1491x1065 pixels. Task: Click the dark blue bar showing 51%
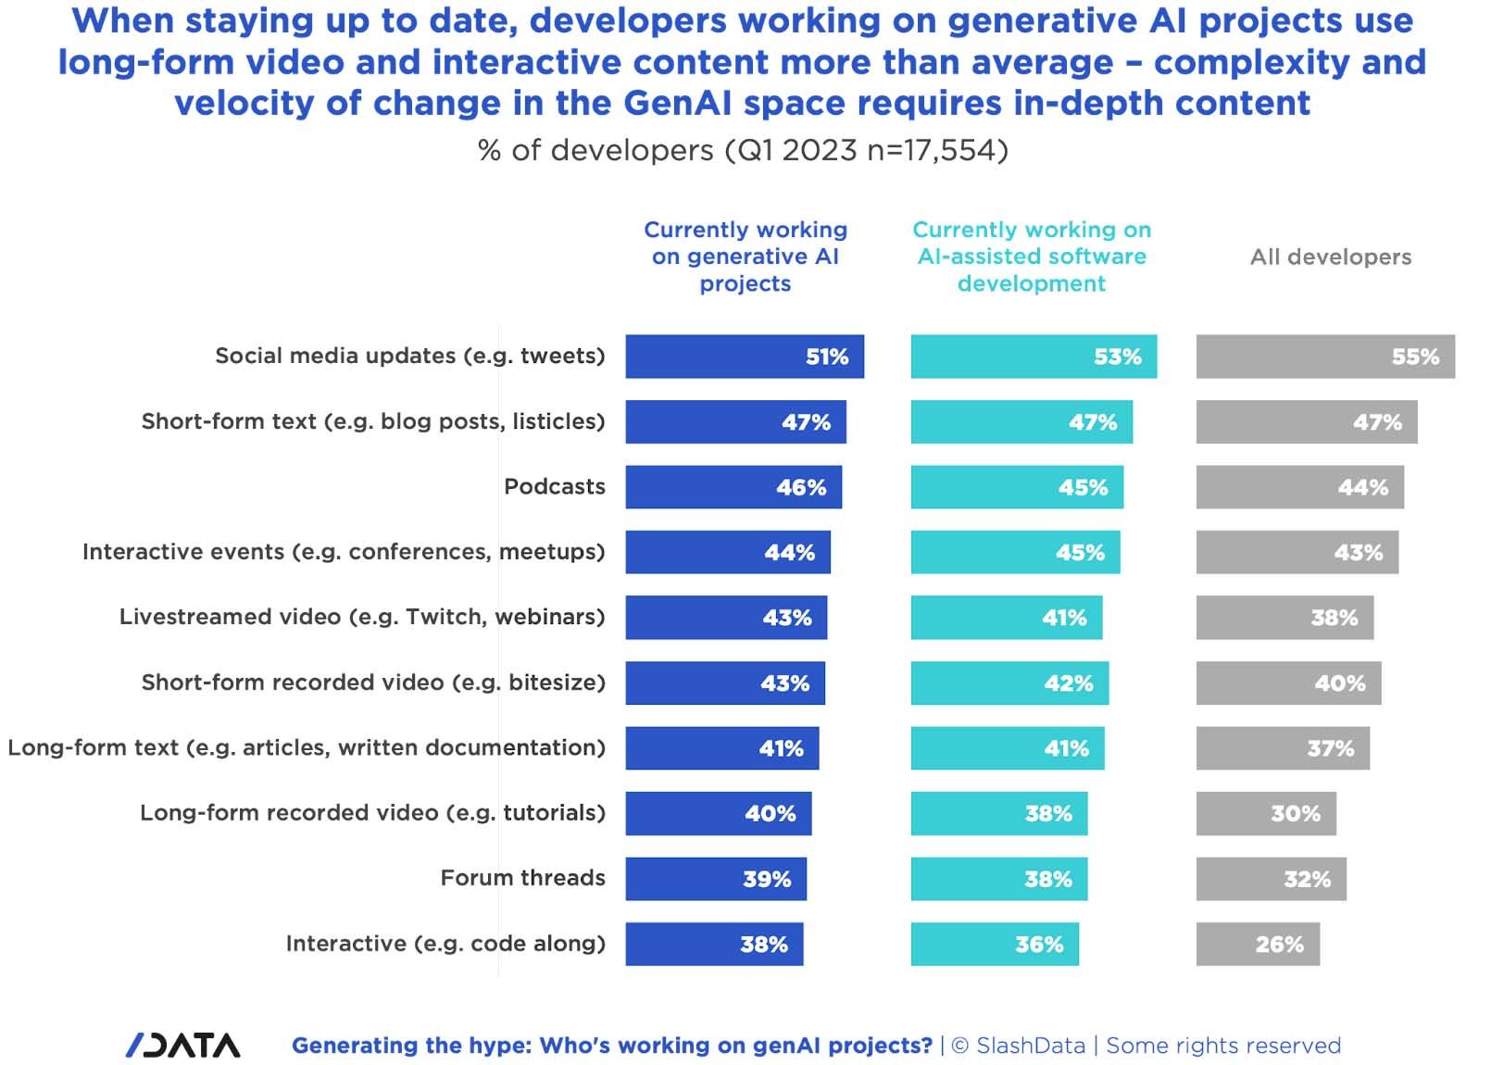pos(744,357)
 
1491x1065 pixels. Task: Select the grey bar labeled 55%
pos(1324,357)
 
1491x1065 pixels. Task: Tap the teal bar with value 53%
pos(1033,357)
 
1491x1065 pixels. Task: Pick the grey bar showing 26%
pos(1257,944)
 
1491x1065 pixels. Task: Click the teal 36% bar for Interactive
pos(994,944)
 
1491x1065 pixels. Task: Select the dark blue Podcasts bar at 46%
pos(733,487)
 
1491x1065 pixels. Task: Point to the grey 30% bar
pos(1265,813)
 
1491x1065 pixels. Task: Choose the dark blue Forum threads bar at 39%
pos(715,879)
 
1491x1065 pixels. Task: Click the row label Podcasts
pos(554,486)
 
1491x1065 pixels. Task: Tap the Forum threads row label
pos(522,878)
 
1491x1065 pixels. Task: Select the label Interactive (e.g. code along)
pos(445,943)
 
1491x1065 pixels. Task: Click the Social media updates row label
pos(409,356)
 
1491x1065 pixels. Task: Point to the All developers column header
pos(1330,257)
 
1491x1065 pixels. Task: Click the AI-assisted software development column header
pos(1032,257)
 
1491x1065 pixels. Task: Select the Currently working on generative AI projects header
pos(745,257)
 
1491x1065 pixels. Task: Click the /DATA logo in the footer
pos(183,1045)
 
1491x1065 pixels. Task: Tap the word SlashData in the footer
pos(1030,1046)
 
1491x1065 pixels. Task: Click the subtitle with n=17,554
pos(743,150)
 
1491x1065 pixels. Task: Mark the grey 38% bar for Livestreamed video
pos(1284,618)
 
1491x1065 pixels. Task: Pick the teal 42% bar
pos(1009,683)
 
